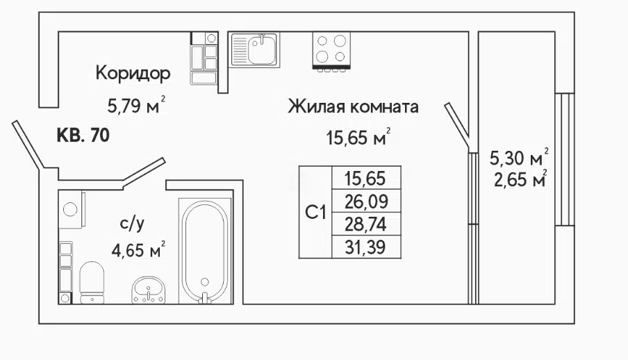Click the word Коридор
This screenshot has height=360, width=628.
tap(133, 74)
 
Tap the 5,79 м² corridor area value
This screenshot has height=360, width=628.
tap(136, 106)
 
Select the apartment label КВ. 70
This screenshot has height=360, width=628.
tap(83, 136)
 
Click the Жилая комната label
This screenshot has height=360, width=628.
tap(353, 107)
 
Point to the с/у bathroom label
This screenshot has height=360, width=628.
tap(132, 224)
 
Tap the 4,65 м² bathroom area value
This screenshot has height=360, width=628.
tap(138, 250)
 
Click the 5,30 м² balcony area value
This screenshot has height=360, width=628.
tap(519, 157)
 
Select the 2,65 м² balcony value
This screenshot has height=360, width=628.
tap(520, 179)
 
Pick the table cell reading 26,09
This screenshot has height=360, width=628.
tap(366, 202)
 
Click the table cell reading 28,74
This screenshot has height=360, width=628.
tap(366, 224)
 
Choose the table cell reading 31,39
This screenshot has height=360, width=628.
tap(366, 247)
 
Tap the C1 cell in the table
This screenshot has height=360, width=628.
tap(315, 212)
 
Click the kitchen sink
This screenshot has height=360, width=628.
tap(255, 50)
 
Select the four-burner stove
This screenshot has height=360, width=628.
tap(331, 51)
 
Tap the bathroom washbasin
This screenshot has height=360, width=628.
tap(148, 290)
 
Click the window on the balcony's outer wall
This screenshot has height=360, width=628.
tap(565, 159)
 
